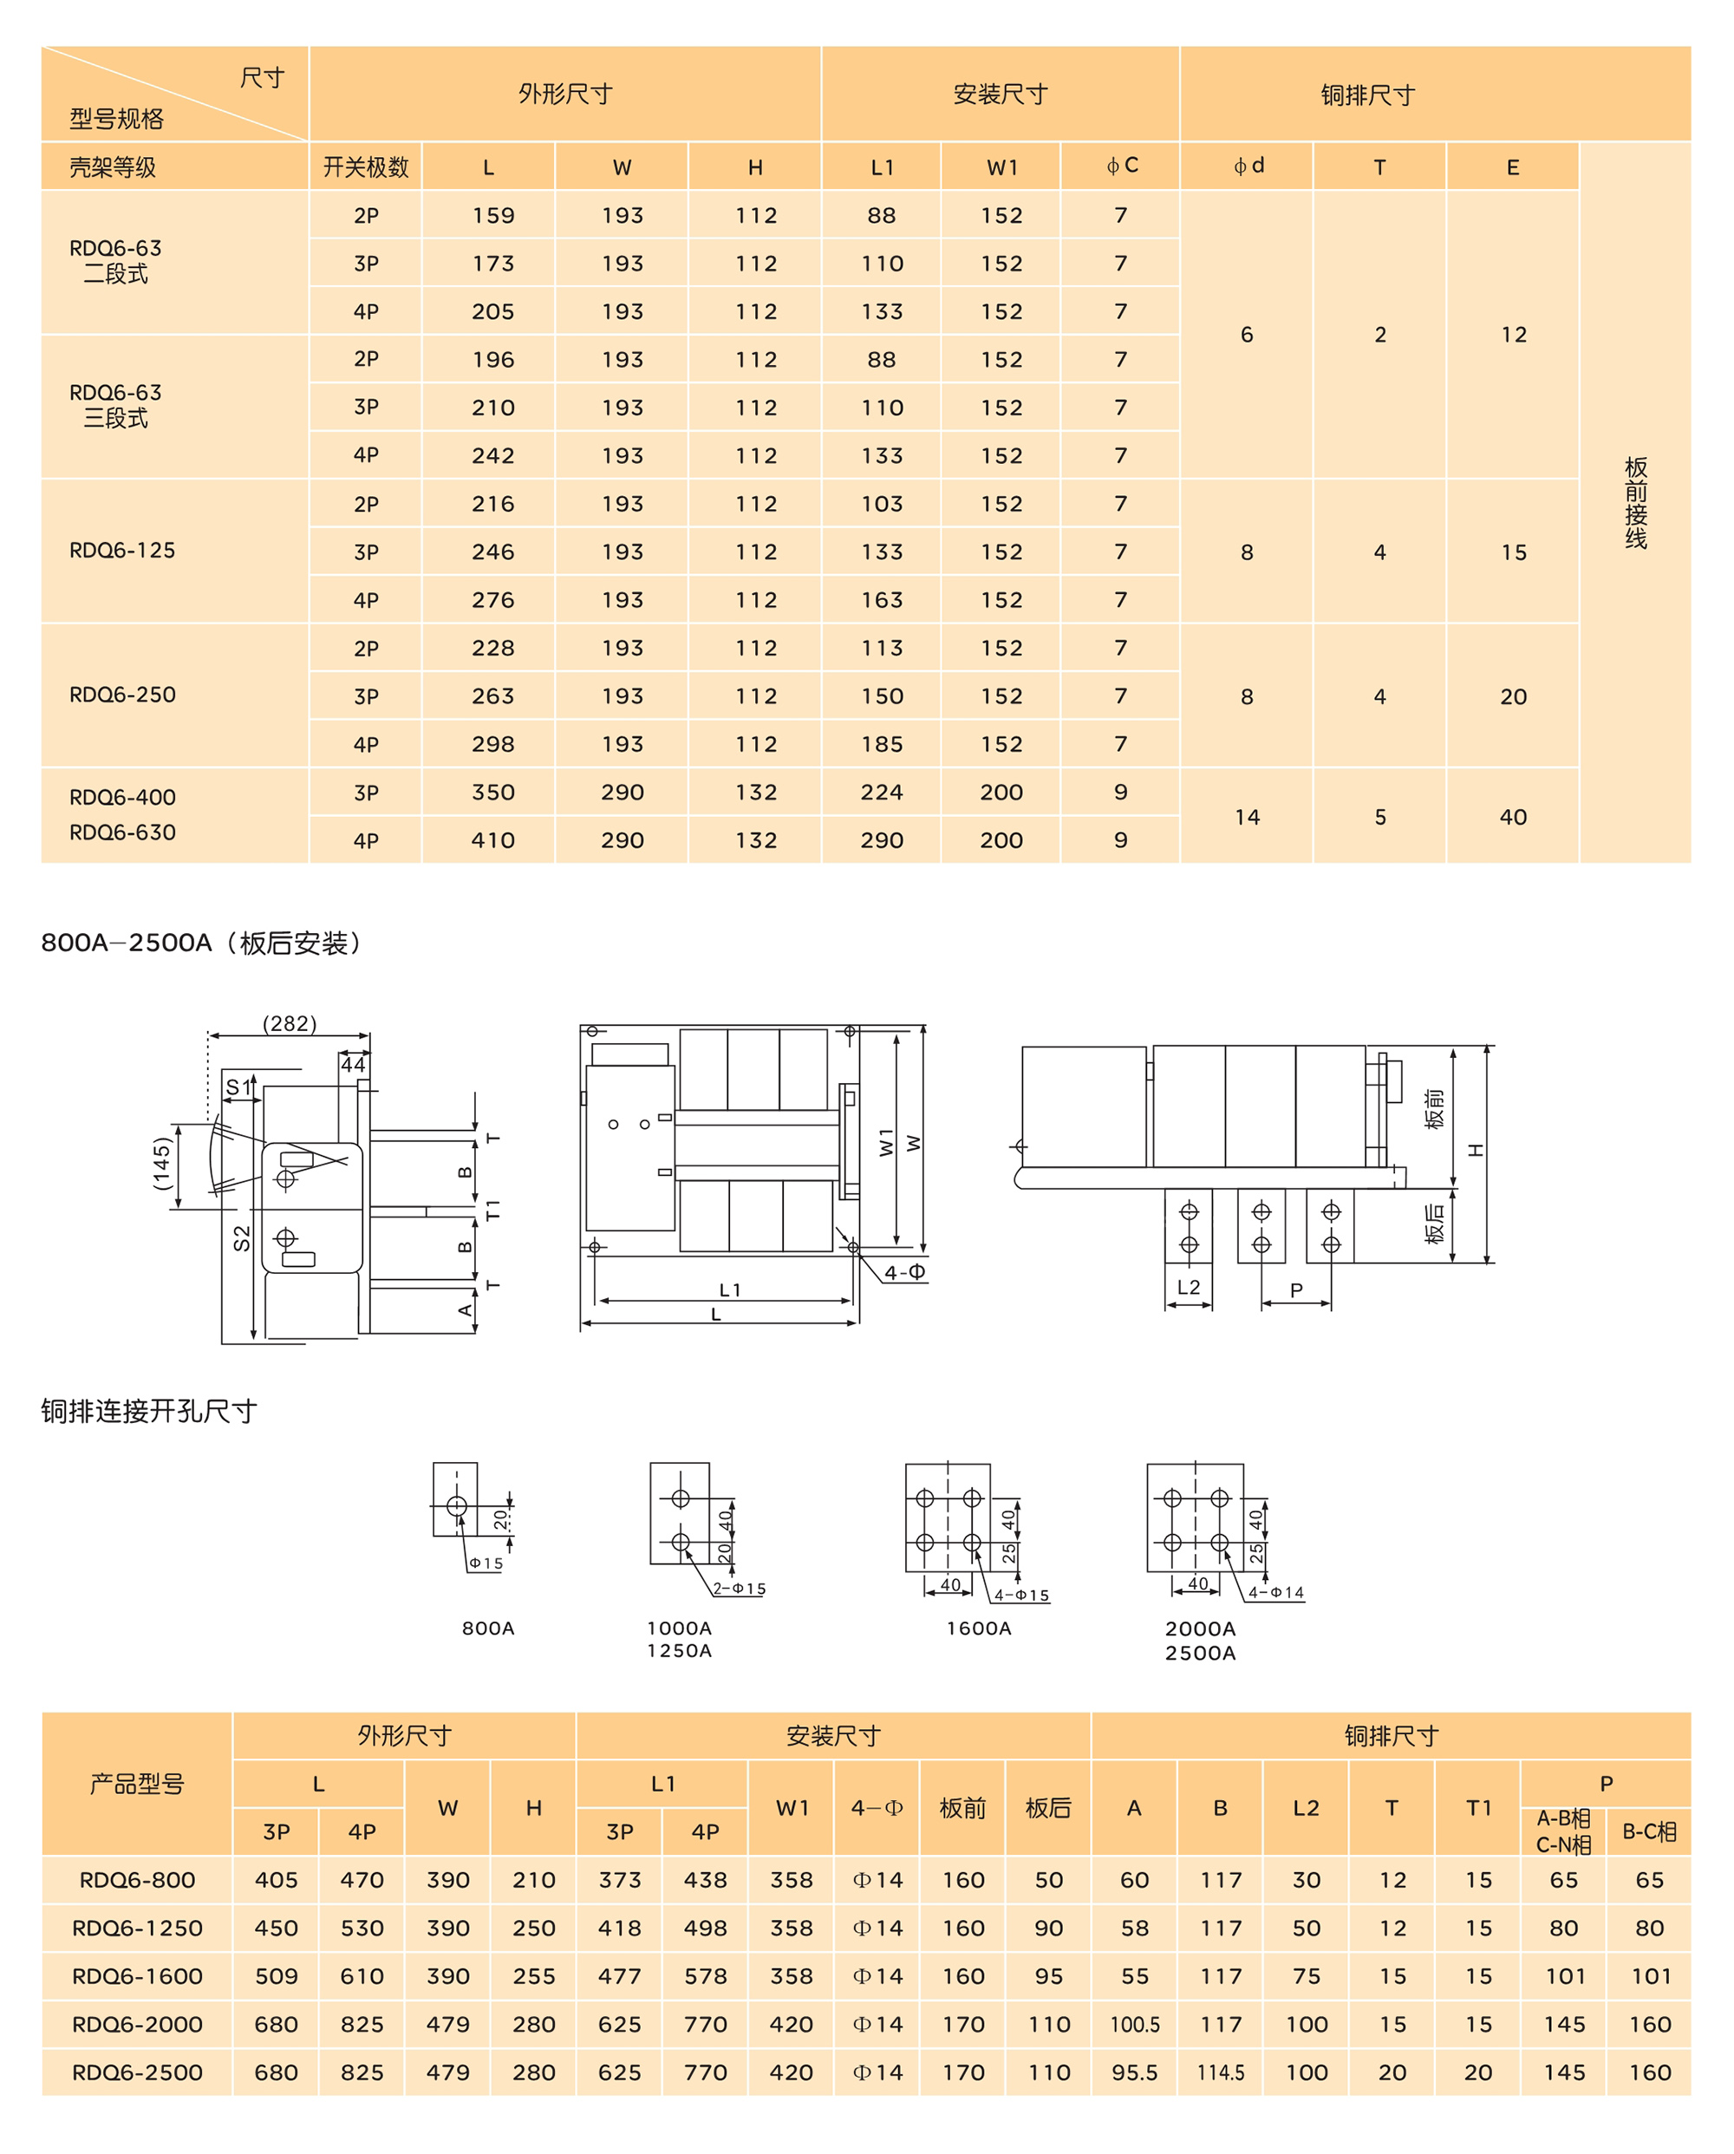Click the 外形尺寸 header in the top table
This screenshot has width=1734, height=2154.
coord(564,94)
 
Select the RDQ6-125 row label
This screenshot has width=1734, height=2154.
coord(122,551)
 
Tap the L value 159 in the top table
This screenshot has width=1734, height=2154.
coord(493,216)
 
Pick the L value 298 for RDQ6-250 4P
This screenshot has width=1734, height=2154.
coord(493,744)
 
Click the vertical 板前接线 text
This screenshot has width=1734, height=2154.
coord(1635,503)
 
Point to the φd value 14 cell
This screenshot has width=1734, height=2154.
coord(1247,817)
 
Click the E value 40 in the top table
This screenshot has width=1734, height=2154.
coord(1512,817)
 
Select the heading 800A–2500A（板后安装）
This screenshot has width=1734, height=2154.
coord(203,943)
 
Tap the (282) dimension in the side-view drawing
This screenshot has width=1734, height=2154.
coord(290,1023)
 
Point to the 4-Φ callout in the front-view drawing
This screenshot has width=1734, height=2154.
coord(904,1272)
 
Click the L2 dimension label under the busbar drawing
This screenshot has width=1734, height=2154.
coord(1189,1287)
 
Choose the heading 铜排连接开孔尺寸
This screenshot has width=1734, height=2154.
coord(150,1411)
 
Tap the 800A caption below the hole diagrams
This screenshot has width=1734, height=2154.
coord(487,1628)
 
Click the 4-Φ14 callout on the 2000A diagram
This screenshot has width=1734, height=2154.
coord(1275,1593)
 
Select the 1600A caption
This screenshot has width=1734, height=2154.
coord(979,1628)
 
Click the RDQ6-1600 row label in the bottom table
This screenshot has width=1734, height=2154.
coord(137,1976)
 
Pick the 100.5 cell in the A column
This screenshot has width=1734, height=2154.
coord(1135,2024)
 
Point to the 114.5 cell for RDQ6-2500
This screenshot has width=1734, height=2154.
coord(1221,2072)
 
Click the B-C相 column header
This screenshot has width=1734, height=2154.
coord(1649,1831)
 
